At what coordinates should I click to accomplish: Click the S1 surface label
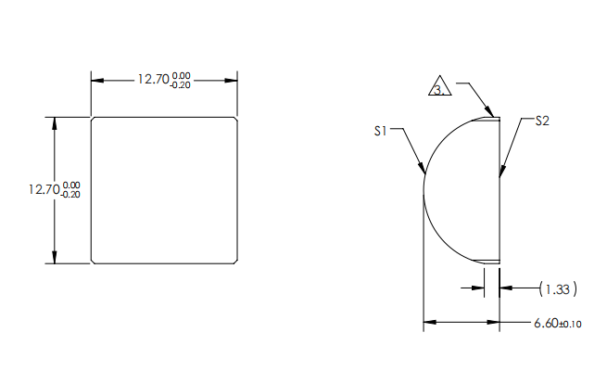pos(380,132)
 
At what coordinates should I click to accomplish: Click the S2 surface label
pos(543,121)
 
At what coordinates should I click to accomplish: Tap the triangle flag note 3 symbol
pos(440,89)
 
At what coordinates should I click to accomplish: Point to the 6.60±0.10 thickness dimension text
pos(557,323)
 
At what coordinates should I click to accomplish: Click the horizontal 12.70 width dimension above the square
pos(152,79)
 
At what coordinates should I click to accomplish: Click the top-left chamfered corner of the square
pos(93,120)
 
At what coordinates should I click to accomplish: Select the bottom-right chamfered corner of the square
pos(236,262)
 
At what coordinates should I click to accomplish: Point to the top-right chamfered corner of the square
pos(236,120)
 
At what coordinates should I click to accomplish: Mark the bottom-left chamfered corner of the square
pos(93,262)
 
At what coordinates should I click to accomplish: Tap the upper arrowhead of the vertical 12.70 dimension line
pos(55,122)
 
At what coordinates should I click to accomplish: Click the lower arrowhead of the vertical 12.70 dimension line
pos(55,259)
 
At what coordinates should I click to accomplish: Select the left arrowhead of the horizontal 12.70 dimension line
pos(95,80)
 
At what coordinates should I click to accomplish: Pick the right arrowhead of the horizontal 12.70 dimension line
pos(234,80)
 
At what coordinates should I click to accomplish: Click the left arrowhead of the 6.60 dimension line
pos(428,323)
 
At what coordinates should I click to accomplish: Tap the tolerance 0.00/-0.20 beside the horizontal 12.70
pos(181,80)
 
